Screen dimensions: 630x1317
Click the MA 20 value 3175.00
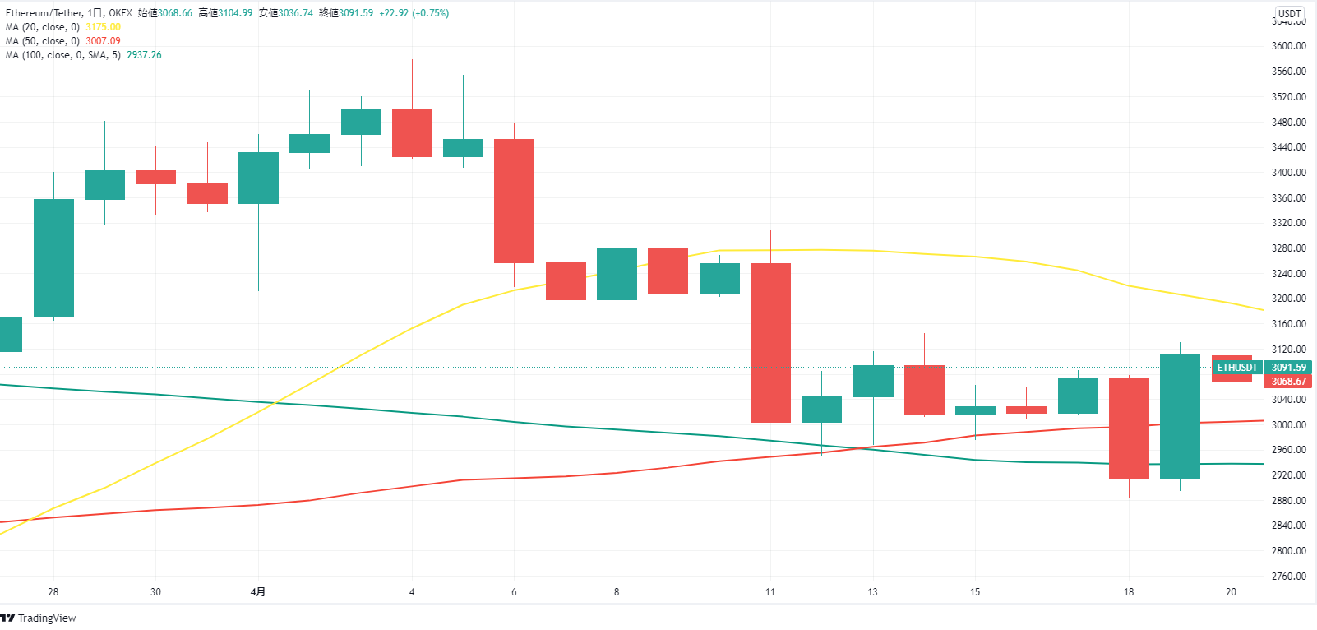103,27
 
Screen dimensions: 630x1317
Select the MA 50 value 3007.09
103,41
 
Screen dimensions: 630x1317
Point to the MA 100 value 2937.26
144,55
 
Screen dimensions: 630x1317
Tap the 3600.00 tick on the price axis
1288,46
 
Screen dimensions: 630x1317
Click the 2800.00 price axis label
1288,551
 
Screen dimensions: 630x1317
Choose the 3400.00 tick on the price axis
1288,173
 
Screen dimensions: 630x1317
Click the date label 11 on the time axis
770,592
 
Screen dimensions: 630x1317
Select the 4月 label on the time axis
258,592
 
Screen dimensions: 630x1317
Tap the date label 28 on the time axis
53,592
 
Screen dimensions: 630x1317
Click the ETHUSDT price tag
1236,368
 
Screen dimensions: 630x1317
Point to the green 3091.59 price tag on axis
1288,368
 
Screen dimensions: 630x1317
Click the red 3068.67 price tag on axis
1288,382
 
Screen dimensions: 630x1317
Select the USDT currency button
1289,13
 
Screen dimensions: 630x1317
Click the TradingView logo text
47,618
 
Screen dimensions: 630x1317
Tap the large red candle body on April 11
770,342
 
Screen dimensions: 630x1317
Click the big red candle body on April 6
514,201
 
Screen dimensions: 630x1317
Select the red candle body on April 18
1129,428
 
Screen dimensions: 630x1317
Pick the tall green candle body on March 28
53,257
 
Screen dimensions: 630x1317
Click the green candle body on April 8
617,274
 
